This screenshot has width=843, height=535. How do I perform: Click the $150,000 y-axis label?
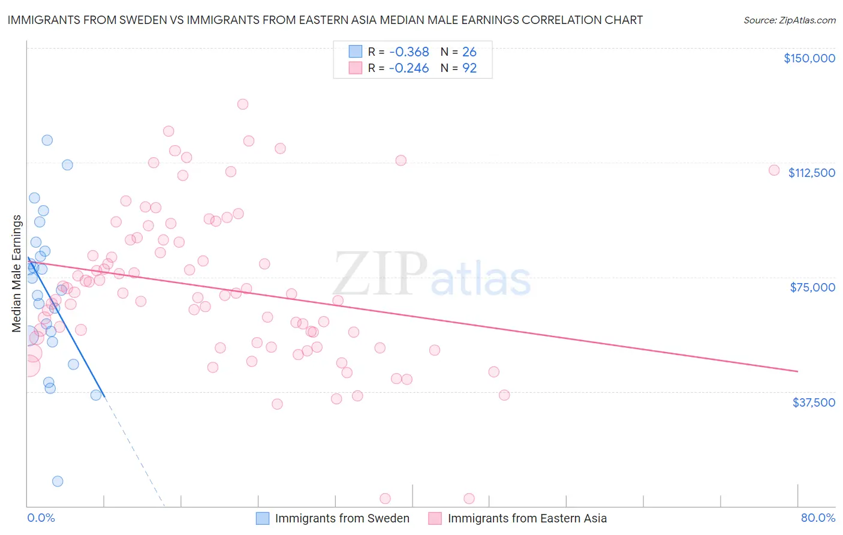[809, 58]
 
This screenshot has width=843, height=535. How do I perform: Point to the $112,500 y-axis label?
[811, 173]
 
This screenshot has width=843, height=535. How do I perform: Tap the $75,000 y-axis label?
[812, 287]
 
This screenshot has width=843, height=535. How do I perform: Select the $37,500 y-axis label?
[813, 402]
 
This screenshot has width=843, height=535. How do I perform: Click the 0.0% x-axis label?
[41, 518]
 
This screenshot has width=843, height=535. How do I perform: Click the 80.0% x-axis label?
[818, 518]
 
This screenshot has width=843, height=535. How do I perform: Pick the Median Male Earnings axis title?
[17, 273]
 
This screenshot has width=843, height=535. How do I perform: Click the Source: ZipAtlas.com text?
[789, 20]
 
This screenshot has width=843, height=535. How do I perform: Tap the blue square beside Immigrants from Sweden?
[263, 518]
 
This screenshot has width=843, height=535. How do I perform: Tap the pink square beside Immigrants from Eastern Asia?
[435, 518]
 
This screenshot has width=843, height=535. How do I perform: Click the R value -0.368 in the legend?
[409, 52]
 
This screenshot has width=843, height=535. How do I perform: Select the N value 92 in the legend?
[469, 68]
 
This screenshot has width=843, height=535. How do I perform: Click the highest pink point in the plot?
[243, 104]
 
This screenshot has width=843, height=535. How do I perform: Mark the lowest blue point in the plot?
[58, 481]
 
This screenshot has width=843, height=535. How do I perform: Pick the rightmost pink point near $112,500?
[774, 170]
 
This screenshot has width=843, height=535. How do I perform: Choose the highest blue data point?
[47, 140]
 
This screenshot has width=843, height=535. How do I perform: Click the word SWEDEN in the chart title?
[139, 20]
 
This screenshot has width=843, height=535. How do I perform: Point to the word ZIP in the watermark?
[380, 274]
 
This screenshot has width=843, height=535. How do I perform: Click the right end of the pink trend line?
[797, 371]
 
